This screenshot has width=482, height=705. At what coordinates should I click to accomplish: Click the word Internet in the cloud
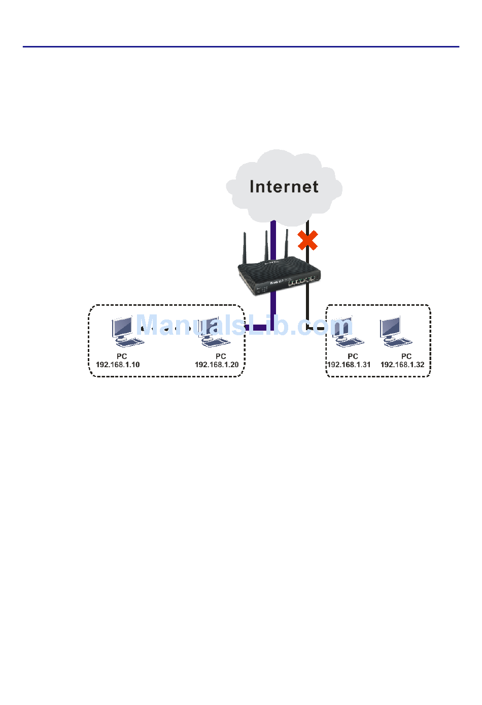pos(284,186)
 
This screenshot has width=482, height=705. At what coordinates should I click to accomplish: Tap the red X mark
pos(307,240)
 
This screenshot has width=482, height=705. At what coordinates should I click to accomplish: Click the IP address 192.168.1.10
pos(118,365)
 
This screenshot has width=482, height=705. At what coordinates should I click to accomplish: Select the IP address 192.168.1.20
pos(217,365)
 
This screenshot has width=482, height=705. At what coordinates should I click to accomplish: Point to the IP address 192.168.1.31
pos(349,365)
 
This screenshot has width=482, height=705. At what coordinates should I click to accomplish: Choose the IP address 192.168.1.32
pos(402,365)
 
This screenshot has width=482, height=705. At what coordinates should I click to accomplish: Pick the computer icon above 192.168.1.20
pos(214,331)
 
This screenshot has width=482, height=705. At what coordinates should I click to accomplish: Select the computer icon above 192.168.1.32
pos(396,331)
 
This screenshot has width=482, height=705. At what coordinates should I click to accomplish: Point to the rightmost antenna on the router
pos(287,244)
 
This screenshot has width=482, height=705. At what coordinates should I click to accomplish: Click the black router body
pos(279,277)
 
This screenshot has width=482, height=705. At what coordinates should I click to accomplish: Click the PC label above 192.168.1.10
pos(122,356)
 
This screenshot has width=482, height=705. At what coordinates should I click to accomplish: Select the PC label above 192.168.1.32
pos(406,356)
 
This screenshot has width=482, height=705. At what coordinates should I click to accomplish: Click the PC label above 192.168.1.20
pos(221,356)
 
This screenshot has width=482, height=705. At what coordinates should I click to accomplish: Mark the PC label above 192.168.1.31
pos(353,356)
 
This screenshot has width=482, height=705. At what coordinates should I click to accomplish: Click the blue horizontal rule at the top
pos(241,47)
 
